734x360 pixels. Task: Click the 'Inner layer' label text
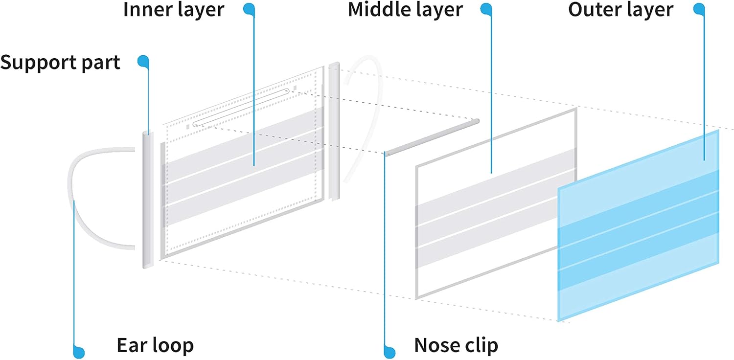174,10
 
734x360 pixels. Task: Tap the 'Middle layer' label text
405,10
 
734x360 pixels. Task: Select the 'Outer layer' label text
620,10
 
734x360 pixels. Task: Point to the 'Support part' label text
60,63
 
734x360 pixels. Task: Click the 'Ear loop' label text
155,345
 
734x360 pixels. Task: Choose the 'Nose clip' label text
456,345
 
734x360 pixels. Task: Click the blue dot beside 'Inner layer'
249,9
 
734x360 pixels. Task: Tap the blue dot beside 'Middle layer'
486,9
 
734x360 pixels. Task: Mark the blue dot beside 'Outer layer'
699,9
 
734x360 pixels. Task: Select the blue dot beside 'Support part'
143,61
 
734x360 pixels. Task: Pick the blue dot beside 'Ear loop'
79,353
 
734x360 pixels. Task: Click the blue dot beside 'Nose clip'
390,353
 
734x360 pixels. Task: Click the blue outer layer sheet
638,226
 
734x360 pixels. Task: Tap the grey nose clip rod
432,137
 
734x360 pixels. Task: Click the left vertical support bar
148,200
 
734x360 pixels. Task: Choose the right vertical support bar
334,131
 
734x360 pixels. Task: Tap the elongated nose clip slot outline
241,108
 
